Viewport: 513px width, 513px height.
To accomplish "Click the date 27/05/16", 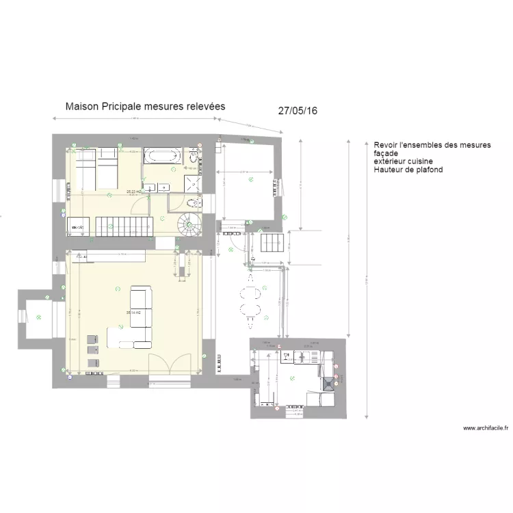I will (x=298, y=111).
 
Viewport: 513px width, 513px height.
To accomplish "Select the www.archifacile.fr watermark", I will (x=486, y=428).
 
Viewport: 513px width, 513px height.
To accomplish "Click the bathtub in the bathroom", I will (x=162, y=156).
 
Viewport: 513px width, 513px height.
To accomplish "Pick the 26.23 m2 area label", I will (x=133, y=192).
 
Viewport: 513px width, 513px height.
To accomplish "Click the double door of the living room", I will (x=171, y=363).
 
